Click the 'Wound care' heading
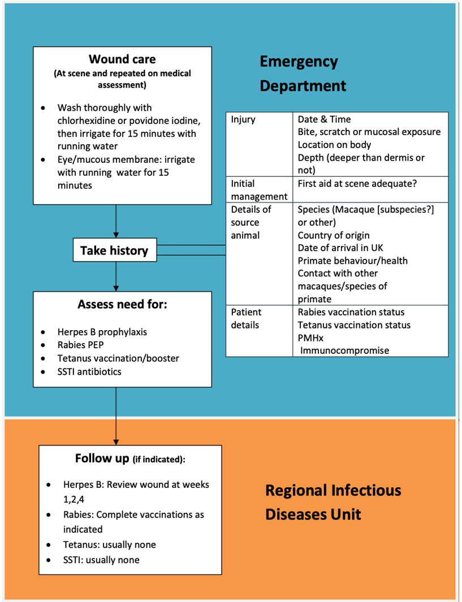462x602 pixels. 122,59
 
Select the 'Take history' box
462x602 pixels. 114,250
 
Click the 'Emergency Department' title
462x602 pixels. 303,73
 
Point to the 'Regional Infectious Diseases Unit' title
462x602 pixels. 333,502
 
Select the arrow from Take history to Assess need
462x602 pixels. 116,277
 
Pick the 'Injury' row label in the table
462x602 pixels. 244,119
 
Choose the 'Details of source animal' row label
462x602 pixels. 252,222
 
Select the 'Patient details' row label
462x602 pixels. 246,318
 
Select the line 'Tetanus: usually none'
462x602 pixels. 109,545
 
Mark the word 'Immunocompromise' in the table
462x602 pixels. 344,350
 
